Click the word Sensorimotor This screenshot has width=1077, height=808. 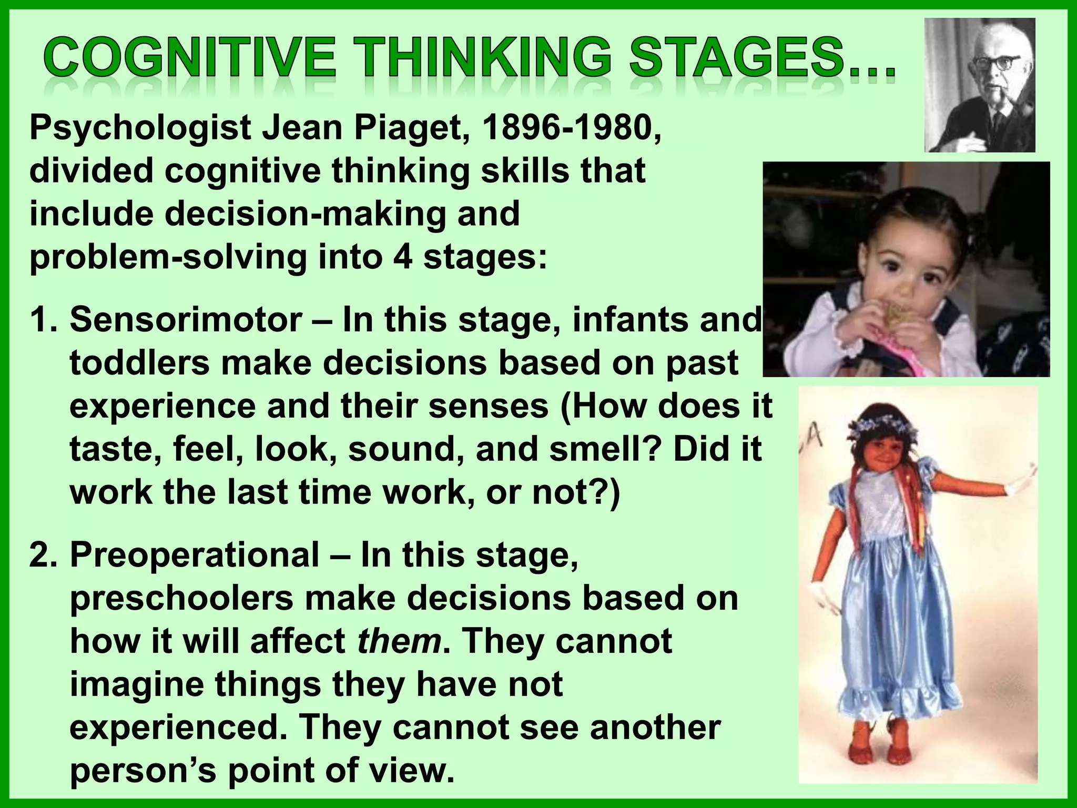click(186, 320)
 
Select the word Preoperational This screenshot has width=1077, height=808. click(195, 554)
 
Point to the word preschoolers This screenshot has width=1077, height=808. click(181, 599)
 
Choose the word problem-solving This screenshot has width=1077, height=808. click(168, 258)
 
